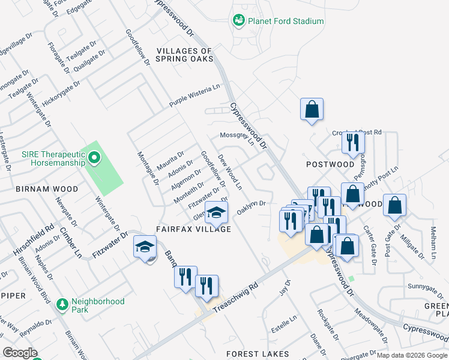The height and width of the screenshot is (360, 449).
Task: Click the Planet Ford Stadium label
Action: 286,21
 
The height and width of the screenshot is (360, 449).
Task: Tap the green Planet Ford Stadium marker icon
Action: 238,21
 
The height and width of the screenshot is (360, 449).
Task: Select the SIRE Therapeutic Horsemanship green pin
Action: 94,158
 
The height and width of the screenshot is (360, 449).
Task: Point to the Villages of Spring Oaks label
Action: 184,55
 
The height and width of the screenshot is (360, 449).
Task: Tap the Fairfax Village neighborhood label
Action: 193,229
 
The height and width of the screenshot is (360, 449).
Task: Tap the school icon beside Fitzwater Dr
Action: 145,247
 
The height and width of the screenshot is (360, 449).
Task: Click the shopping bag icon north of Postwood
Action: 312,109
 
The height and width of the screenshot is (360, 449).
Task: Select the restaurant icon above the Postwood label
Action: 352,142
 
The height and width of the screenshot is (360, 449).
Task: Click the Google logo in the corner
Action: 19,353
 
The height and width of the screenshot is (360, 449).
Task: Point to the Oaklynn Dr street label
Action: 252,206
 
